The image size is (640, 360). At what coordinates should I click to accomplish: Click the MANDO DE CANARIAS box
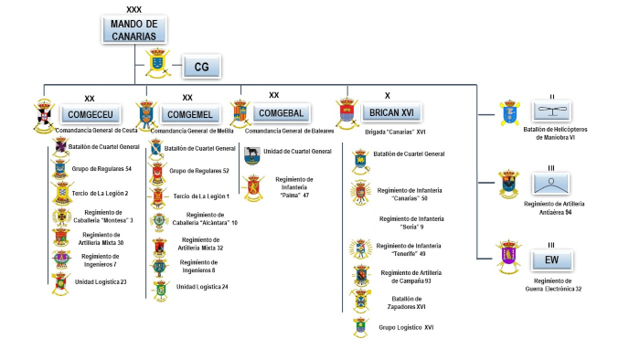(x=134, y=29)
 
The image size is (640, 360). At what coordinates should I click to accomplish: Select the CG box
(x=202, y=67)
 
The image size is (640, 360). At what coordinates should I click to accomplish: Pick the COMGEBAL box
(x=283, y=112)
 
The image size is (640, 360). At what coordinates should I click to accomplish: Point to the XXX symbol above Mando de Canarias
(x=134, y=7)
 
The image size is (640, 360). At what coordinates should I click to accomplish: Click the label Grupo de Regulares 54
(x=102, y=169)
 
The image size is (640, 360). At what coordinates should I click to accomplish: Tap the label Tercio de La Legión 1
(x=200, y=196)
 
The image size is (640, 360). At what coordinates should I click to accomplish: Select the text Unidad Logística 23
(x=101, y=281)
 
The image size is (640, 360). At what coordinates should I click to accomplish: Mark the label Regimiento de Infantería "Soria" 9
(x=405, y=224)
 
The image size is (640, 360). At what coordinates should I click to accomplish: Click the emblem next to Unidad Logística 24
(x=159, y=288)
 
